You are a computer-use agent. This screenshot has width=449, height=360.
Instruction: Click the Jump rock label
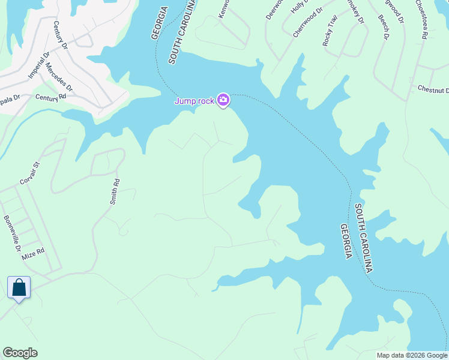[x=194, y=101]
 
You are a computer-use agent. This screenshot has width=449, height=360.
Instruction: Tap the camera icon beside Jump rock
[x=223, y=100]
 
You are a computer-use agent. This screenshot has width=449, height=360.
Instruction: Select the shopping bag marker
[x=19, y=287]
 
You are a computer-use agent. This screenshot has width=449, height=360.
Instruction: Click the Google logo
[x=20, y=353]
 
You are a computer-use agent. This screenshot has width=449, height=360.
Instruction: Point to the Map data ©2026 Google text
[x=412, y=355]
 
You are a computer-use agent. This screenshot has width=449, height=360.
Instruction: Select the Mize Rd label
[x=33, y=254]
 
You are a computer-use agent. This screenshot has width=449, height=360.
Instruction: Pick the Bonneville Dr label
[x=12, y=233]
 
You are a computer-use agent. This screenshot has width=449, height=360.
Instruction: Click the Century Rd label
[x=50, y=97]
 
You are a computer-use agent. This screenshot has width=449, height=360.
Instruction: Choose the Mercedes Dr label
[x=59, y=77]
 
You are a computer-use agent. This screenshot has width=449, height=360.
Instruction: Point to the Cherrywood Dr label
[x=307, y=23]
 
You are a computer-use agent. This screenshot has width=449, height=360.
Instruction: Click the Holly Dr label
[x=298, y=7]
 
